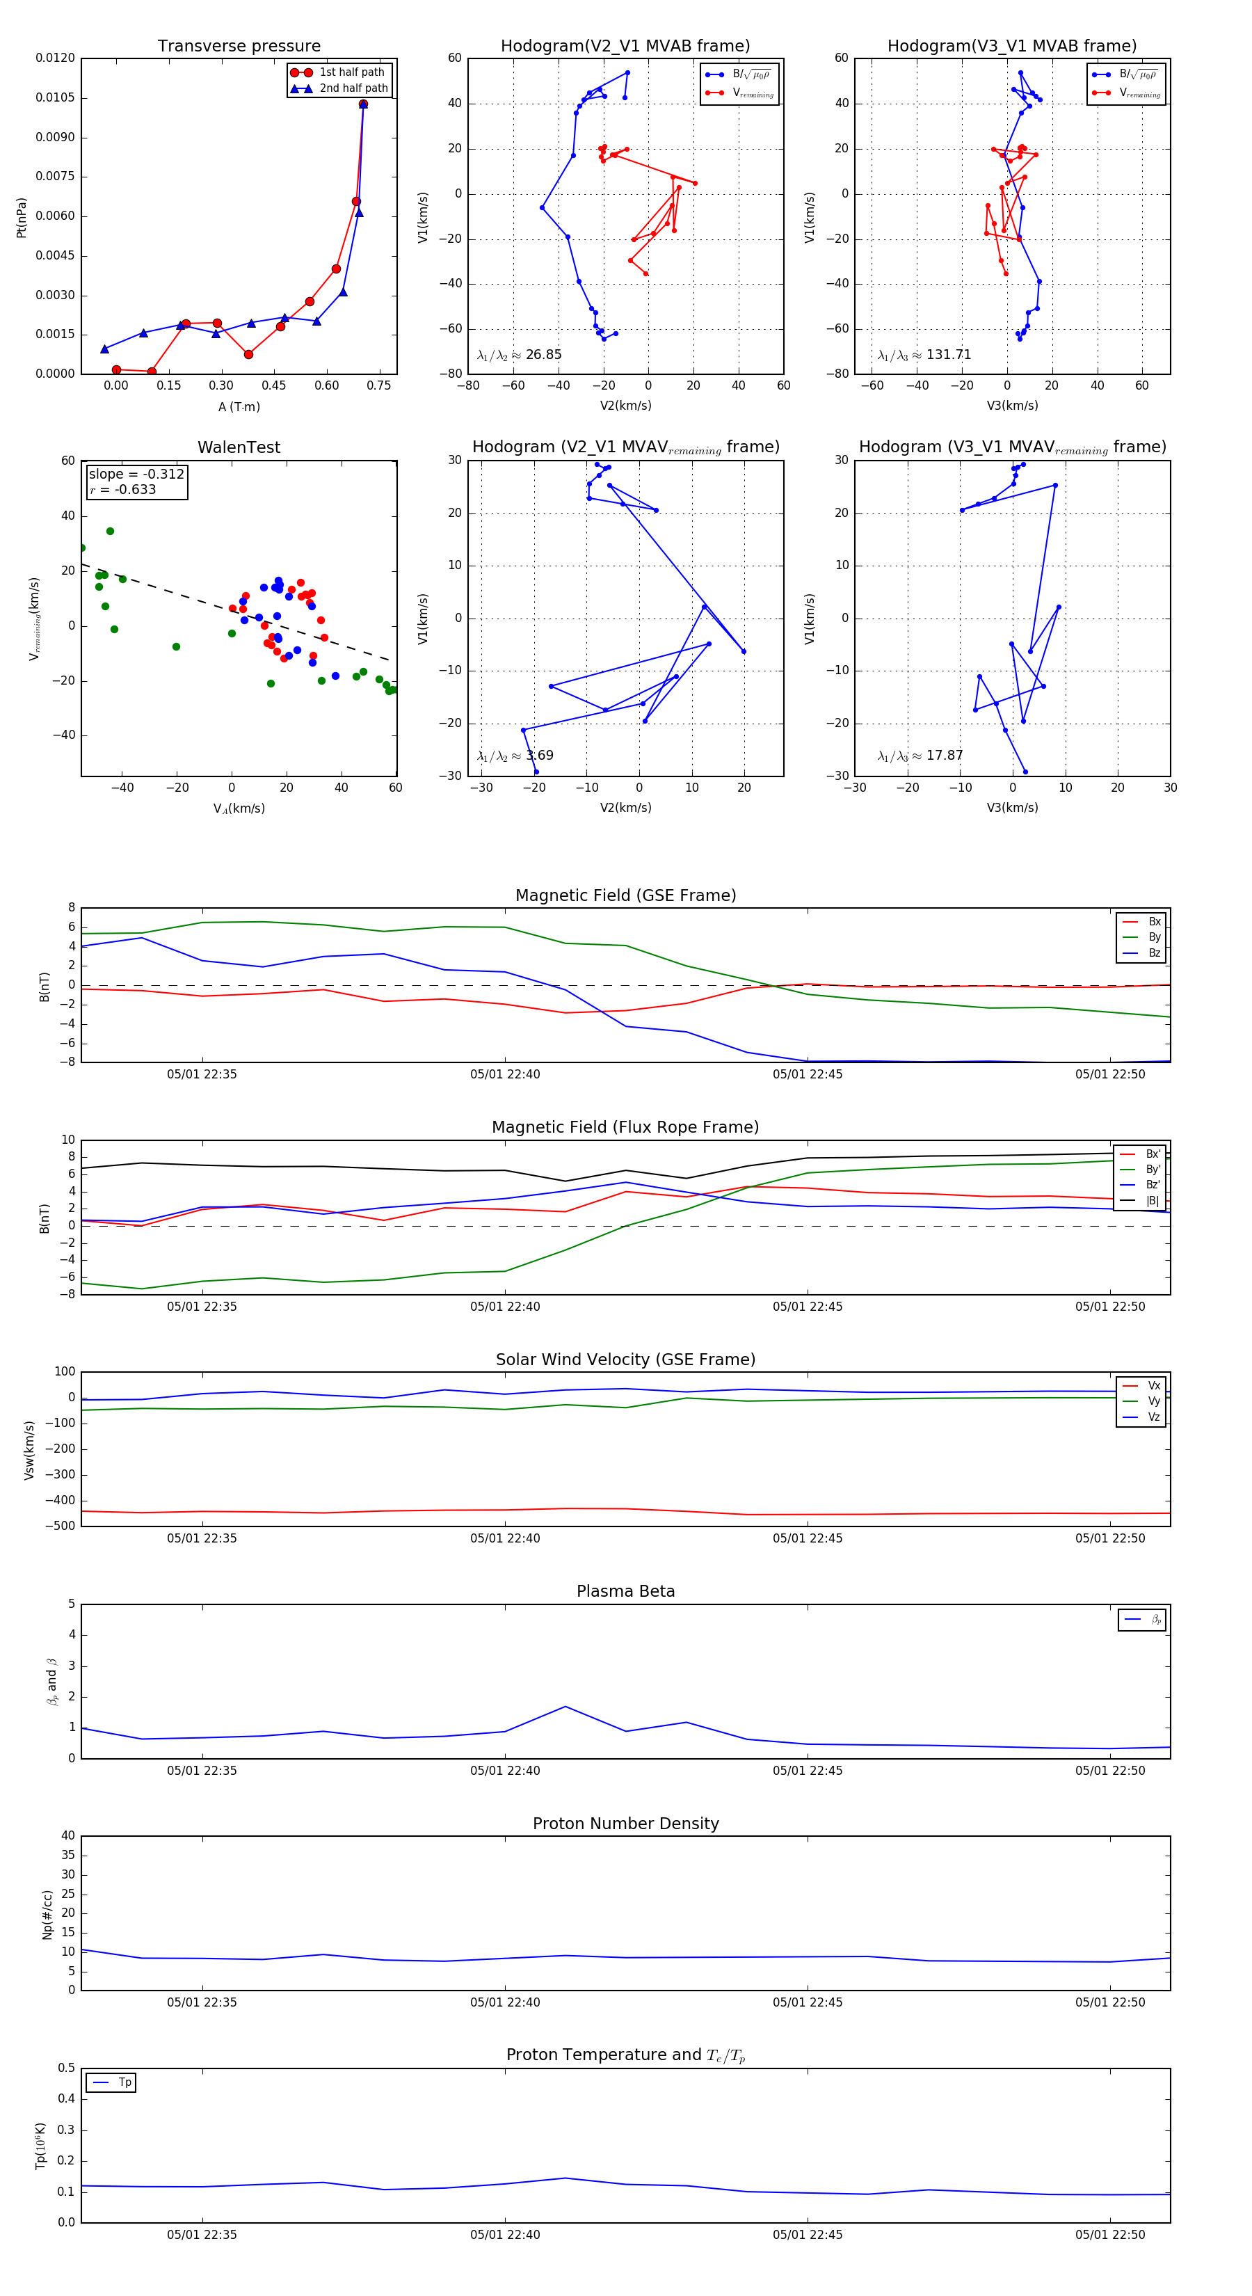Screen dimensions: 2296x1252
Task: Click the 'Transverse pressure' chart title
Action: pyautogui.click(x=239, y=47)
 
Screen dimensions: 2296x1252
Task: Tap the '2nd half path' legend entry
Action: pyautogui.click(x=353, y=88)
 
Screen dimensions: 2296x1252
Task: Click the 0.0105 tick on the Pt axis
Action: pyautogui.click(x=55, y=98)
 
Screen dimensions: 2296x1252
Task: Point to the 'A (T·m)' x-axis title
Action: pyautogui.click(x=239, y=407)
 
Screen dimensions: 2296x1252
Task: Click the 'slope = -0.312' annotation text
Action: pyautogui.click(x=136, y=475)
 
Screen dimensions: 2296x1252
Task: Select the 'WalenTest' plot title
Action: pyautogui.click(x=239, y=447)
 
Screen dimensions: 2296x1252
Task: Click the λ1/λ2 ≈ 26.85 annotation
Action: pyautogui.click(x=520, y=355)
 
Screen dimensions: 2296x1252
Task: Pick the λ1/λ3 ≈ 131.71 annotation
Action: pyautogui.click(x=924, y=355)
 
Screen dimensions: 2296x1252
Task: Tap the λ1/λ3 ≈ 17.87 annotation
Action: pyautogui.click(x=920, y=756)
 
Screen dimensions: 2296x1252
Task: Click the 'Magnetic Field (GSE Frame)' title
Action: pyautogui.click(x=625, y=895)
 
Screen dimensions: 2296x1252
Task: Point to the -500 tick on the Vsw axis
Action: pyautogui.click(x=60, y=1526)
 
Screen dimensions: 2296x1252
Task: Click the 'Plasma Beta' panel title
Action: pyautogui.click(x=625, y=1592)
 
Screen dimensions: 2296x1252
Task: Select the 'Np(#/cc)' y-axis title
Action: pyautogui.click(x=48, y=1915)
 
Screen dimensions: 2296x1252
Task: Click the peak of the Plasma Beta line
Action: pyautogui.click(x=565, y=1707)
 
